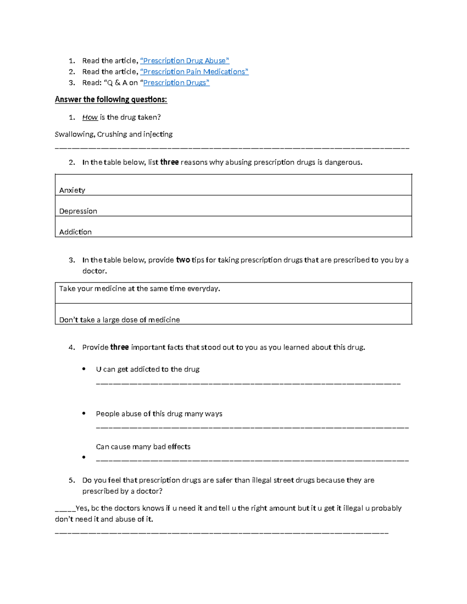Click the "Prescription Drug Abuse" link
[x=184, y=61]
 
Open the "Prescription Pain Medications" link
[x=194, y=72]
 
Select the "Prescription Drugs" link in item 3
[x=176, y=82]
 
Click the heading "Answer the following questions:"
[x=111, y=100]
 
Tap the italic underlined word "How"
[x=90, y=117]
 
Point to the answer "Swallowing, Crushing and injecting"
[x=114, y=134]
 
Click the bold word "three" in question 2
[x=169, y=162]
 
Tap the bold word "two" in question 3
[x=183, y=260]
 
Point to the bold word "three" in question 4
[x=119, y=347]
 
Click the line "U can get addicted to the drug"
[x=147, y=369]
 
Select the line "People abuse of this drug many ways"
[x=159, y=414]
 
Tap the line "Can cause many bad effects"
[x=143, y=447]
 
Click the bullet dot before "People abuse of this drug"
[x=84, y=413]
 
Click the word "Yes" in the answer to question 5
[x=82, y=508]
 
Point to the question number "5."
[x=72, y=480]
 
